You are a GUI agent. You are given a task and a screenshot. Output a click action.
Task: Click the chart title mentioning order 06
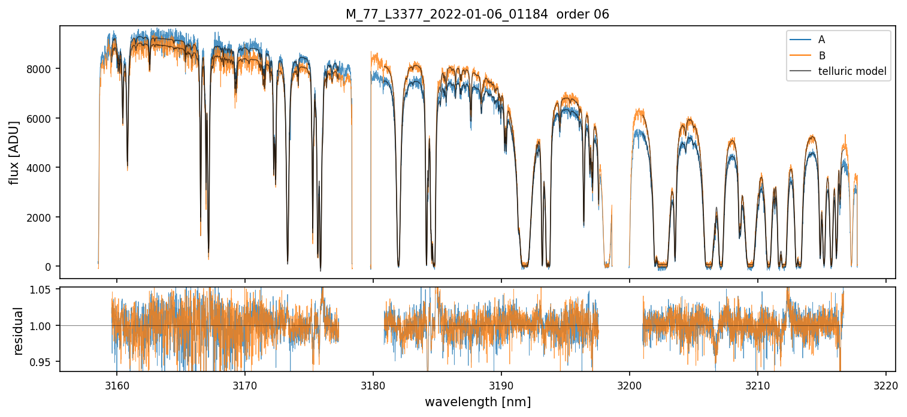(477, 14)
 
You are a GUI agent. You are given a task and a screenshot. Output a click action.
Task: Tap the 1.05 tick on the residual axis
(42, 290)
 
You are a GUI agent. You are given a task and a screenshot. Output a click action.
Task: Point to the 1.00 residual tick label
(42, 326)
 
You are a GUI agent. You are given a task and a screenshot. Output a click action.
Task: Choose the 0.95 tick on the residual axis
(42, 362)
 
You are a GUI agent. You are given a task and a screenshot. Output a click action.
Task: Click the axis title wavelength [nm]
(477, 401)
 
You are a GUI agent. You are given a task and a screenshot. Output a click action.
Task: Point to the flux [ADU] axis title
(14, 152)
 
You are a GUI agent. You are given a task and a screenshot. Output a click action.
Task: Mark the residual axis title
(18, 331)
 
